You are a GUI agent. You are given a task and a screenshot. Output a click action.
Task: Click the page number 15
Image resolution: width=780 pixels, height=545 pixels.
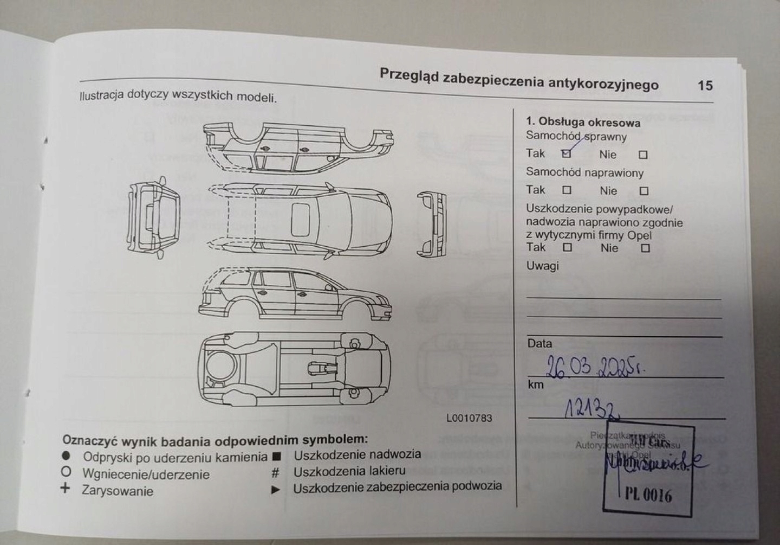click(705, 86)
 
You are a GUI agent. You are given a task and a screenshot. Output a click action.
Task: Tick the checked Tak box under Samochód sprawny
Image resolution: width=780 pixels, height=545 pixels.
click(567, 154)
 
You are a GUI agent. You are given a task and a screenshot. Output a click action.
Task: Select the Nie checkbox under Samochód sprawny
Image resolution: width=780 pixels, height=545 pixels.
click(643, 155)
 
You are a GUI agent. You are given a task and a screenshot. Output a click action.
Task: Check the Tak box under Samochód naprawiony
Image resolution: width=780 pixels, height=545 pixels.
click(567, 190)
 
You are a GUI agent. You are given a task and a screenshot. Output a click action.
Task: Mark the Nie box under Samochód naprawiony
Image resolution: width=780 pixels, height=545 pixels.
click(643, 191)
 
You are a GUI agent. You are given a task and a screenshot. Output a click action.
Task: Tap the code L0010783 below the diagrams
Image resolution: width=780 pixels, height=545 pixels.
click(469, 418)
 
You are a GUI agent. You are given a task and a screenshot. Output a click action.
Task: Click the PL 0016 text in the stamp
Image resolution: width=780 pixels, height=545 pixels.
click(648, 495)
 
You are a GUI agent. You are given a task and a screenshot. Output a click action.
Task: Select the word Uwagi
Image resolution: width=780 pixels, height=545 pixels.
click(542, 266)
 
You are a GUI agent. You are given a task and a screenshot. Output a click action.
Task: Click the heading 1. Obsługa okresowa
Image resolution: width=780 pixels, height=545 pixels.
click(583, 123)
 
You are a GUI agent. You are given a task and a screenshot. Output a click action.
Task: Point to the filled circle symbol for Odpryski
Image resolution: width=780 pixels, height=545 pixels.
click(66, 456)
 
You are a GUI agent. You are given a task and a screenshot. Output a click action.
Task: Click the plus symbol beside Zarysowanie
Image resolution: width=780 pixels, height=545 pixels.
click(66, 488)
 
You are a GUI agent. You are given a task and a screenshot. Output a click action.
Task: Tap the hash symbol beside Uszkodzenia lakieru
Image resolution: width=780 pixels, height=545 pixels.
click(276, 473)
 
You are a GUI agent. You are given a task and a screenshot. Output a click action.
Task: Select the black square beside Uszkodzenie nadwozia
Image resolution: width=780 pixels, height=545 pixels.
click(276, 457)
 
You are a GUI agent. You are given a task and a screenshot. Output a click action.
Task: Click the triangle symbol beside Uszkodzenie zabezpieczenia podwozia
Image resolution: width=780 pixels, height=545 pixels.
click(276, 490)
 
